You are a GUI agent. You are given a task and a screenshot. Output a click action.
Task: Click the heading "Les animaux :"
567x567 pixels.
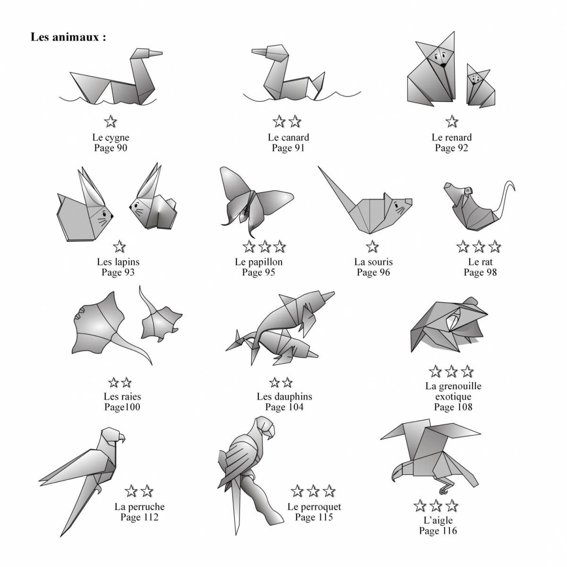68,37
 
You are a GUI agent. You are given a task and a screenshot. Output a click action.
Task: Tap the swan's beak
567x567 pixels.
155,53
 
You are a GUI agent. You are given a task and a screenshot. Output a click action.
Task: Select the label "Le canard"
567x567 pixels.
288,137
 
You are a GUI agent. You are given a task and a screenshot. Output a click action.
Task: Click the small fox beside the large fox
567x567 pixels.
480,86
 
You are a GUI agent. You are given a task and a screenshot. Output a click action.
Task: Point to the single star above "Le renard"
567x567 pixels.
451,121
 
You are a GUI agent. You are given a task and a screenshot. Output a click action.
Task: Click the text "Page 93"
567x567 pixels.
118,272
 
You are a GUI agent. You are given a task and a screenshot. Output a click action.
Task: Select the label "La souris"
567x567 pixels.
373,262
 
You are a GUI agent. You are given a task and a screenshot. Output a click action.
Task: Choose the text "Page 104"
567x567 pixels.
284,407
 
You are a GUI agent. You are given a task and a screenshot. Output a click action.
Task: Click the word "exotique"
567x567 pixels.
453,396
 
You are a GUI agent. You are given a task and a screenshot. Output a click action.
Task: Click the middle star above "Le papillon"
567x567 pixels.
264,247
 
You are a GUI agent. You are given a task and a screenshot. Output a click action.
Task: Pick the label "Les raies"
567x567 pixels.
122,396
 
